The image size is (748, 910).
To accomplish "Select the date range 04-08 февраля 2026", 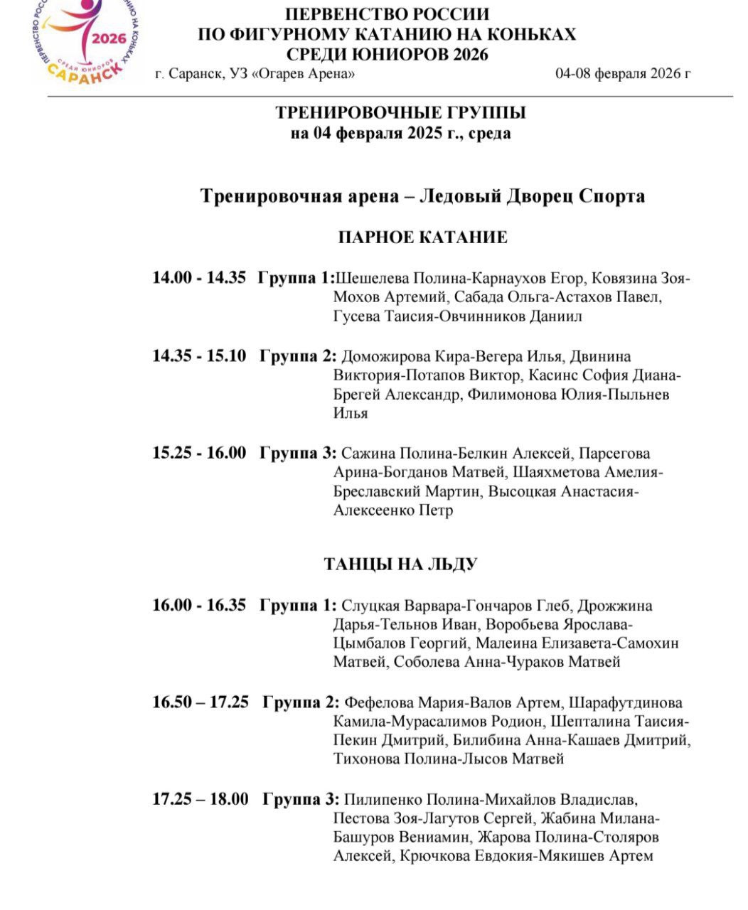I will point(623,73).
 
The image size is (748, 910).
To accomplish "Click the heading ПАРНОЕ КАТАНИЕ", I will point(422,237).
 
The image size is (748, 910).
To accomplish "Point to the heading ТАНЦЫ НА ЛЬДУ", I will point(400,564).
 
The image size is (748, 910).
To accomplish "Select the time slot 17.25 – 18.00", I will point(201,799).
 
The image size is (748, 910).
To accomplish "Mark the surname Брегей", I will point(357,395).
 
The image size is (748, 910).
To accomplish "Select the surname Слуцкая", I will point(370,606).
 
